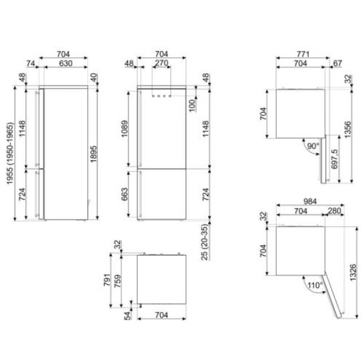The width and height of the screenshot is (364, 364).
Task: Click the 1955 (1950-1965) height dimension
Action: coord(10,153)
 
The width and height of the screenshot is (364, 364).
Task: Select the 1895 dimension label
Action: coord(93,154)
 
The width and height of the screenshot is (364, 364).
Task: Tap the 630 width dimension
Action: coord(66,63)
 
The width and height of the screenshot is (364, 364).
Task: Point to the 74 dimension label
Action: coord(30,63)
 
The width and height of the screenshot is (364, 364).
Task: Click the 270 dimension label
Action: coord(161,63)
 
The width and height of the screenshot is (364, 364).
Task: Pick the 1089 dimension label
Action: coord(124,129)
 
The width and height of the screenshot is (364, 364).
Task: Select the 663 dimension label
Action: coord(124,194)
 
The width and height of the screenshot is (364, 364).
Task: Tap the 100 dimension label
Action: coord(192,106)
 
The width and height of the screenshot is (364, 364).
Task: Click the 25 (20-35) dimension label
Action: coord(205,242)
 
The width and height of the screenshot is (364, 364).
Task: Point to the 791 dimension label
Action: coord(107,280)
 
